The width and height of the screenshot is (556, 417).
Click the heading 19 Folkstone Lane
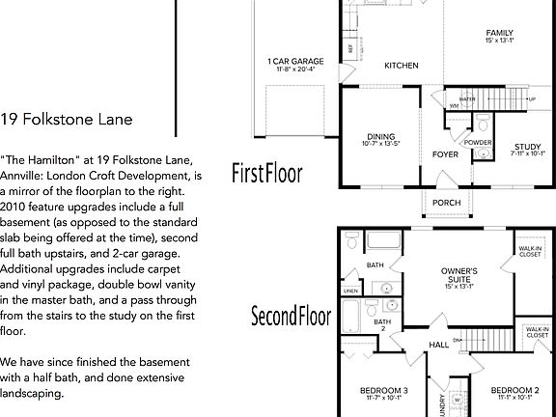[x=67, y=120]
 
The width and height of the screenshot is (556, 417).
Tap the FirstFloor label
[x=267, y=174]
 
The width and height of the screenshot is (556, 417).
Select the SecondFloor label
[x=292, y=316]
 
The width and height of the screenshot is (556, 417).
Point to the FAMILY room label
[x=499, y=33]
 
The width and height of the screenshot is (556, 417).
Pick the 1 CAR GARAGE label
[x=295, y=62]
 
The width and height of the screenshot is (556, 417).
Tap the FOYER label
[x=445, y=153]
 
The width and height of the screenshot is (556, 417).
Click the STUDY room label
[x=527, y=146]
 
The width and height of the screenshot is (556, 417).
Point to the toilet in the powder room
[x=483, y=123]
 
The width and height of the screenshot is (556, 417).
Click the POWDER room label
[x=478, y=142]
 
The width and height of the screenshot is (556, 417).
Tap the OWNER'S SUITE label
[x=459, y=273]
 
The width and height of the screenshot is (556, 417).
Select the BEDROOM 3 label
[x=384, y=390]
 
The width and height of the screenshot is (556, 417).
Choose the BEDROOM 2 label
[x=515, y=390]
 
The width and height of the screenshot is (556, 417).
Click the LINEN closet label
[x=350, y=291]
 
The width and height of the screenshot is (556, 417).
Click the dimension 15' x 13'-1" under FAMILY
[x=499, y=41]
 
